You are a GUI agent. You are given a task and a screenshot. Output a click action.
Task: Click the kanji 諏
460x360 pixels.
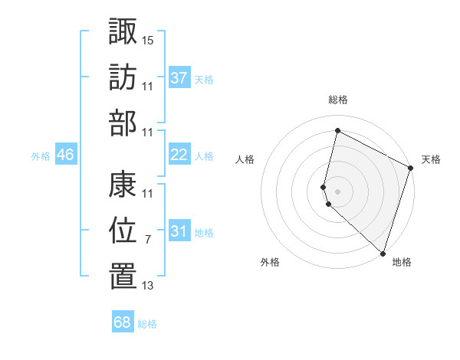click(x=123, y=32)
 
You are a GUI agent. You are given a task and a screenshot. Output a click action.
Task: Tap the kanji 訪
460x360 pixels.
click(x=123, y=77)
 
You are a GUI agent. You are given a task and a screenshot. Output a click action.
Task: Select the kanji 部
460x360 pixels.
click(x=123, y=123)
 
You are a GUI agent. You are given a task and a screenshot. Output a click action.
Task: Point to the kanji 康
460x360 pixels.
click(x=123, y=185)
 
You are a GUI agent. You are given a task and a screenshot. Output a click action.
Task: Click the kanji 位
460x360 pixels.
click(x=123, y=231)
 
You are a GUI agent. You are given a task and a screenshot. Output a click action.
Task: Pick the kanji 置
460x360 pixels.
click(x=123, y=277)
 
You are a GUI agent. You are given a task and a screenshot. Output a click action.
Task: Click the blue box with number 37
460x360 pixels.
click(x=179, y=78)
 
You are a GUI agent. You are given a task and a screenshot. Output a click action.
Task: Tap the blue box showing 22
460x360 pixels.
click(x=179, y=155)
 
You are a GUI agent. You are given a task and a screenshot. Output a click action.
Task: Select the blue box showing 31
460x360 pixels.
click(x=179, y=232)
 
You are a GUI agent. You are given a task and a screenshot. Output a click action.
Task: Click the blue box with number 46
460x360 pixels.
click(x=65, y=155)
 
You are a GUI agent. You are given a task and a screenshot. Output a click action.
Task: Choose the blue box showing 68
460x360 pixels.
click(x=122, y=322)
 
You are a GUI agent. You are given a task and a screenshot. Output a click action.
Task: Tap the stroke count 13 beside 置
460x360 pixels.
click(x=148, y=286)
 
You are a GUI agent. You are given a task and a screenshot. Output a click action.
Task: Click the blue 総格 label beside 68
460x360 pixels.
click(x=147, y=324)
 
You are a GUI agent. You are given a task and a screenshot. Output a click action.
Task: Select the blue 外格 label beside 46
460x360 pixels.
click(x=41, y=156)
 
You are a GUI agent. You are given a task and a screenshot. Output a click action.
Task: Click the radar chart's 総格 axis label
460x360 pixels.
click(x=338, y=100)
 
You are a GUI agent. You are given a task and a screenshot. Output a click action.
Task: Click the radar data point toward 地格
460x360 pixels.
click(x=383, y=252)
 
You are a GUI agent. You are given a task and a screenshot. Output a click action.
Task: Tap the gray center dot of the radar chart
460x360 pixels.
click(x=338, y=190)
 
